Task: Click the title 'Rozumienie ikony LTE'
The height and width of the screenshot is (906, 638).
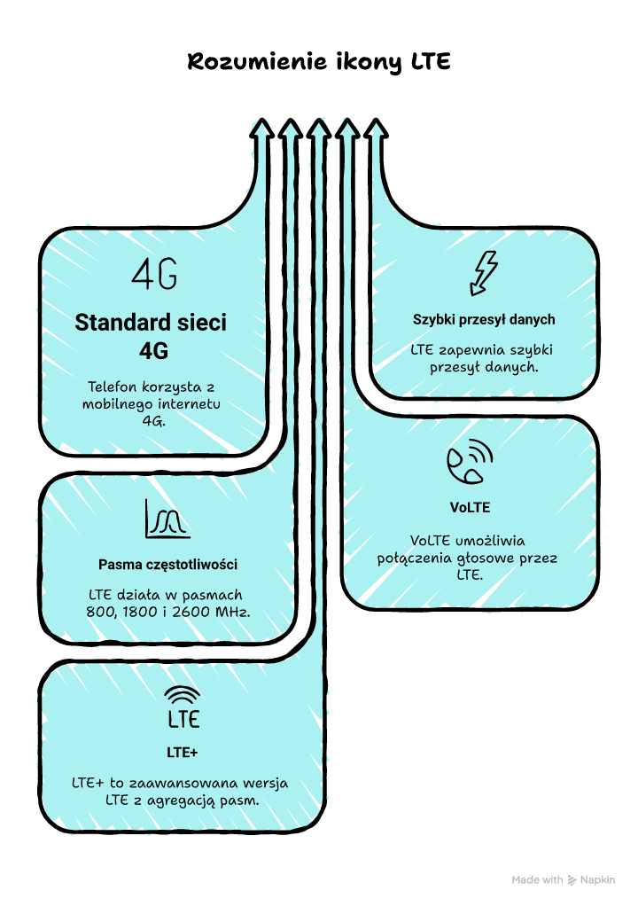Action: coord(319,63)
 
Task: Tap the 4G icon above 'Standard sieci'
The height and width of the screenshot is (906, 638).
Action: coord(154,275)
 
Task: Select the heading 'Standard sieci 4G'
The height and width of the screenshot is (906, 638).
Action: coord(151,336)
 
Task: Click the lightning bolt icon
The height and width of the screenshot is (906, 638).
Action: coord(484,273)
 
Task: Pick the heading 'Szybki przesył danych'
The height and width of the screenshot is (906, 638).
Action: coord(484,319)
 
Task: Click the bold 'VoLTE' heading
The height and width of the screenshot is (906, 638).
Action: coord(470,508)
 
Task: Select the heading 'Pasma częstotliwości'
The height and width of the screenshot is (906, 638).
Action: coord(167,565)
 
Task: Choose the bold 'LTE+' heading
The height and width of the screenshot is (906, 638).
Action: coord(183,753)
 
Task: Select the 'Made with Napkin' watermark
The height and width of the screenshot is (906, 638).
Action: coord(563,880)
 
